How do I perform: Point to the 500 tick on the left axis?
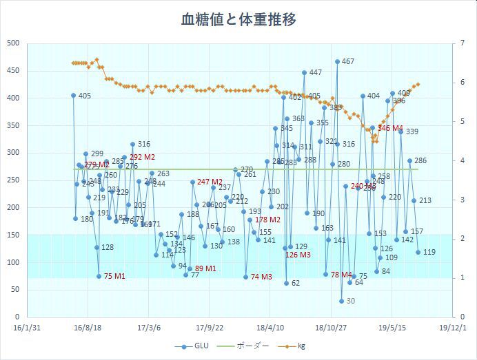point(12,43)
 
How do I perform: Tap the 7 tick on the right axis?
point(461,43)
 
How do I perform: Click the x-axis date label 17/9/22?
point(209,328)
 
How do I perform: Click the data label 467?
point(348,62)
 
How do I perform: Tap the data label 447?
point(315,73)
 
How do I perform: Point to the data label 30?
point(350,301)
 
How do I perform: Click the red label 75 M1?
point(114,277)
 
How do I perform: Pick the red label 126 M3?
point(298,255)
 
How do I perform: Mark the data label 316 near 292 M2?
point(143,145)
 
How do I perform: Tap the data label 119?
point(429,253)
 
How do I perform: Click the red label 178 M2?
point(267,220)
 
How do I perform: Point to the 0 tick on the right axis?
point(458,317)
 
